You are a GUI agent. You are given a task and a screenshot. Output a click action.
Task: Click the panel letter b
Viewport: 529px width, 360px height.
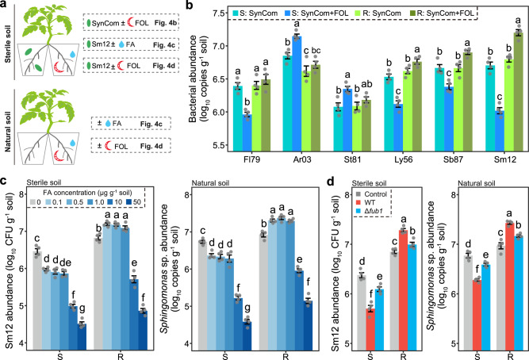[x=190, y=6]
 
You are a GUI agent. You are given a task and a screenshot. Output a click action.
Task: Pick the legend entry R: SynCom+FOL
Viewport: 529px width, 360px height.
[x=441, y=13]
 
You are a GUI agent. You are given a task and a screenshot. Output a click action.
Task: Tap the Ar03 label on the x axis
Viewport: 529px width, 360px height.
[x=302, y=159]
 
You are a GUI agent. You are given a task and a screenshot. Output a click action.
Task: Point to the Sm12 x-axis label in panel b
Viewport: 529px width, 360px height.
[x=505, y=159]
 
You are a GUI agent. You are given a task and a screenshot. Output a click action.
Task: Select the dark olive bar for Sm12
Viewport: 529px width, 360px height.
[x=518, y=91]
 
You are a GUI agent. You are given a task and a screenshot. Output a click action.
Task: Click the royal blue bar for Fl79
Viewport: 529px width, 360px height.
[x=247, y=132]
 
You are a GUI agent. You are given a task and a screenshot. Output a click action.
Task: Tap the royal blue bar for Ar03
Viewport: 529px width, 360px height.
[x=297, y=94]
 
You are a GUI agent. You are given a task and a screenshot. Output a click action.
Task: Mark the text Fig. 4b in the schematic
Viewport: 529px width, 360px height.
[x=165, y=23]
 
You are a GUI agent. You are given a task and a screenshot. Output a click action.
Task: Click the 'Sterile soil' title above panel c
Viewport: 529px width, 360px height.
[x=44, y=182]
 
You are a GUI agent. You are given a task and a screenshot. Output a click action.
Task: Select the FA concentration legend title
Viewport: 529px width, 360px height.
[x=88, y=193]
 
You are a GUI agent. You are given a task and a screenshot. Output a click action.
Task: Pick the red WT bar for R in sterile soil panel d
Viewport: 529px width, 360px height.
[x=403, y=289]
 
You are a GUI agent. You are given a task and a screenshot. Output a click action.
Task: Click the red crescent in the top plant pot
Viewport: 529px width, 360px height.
[x=59, y=67]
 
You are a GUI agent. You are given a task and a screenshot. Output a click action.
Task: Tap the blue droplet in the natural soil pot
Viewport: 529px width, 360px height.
[x=72, y=143]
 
